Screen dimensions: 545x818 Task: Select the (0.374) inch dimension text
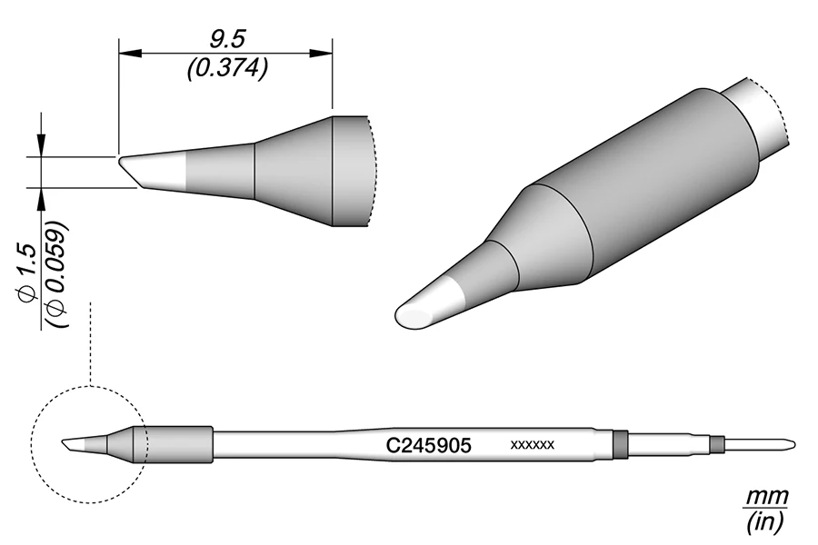tap(227, 69)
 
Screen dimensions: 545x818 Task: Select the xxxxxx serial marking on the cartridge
tap(533, 445)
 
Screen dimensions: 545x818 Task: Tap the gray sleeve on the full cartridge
tap(178, 443)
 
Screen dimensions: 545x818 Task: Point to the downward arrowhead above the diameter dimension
tap(42, 145)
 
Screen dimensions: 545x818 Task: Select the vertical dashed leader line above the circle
tap(90, 345)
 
